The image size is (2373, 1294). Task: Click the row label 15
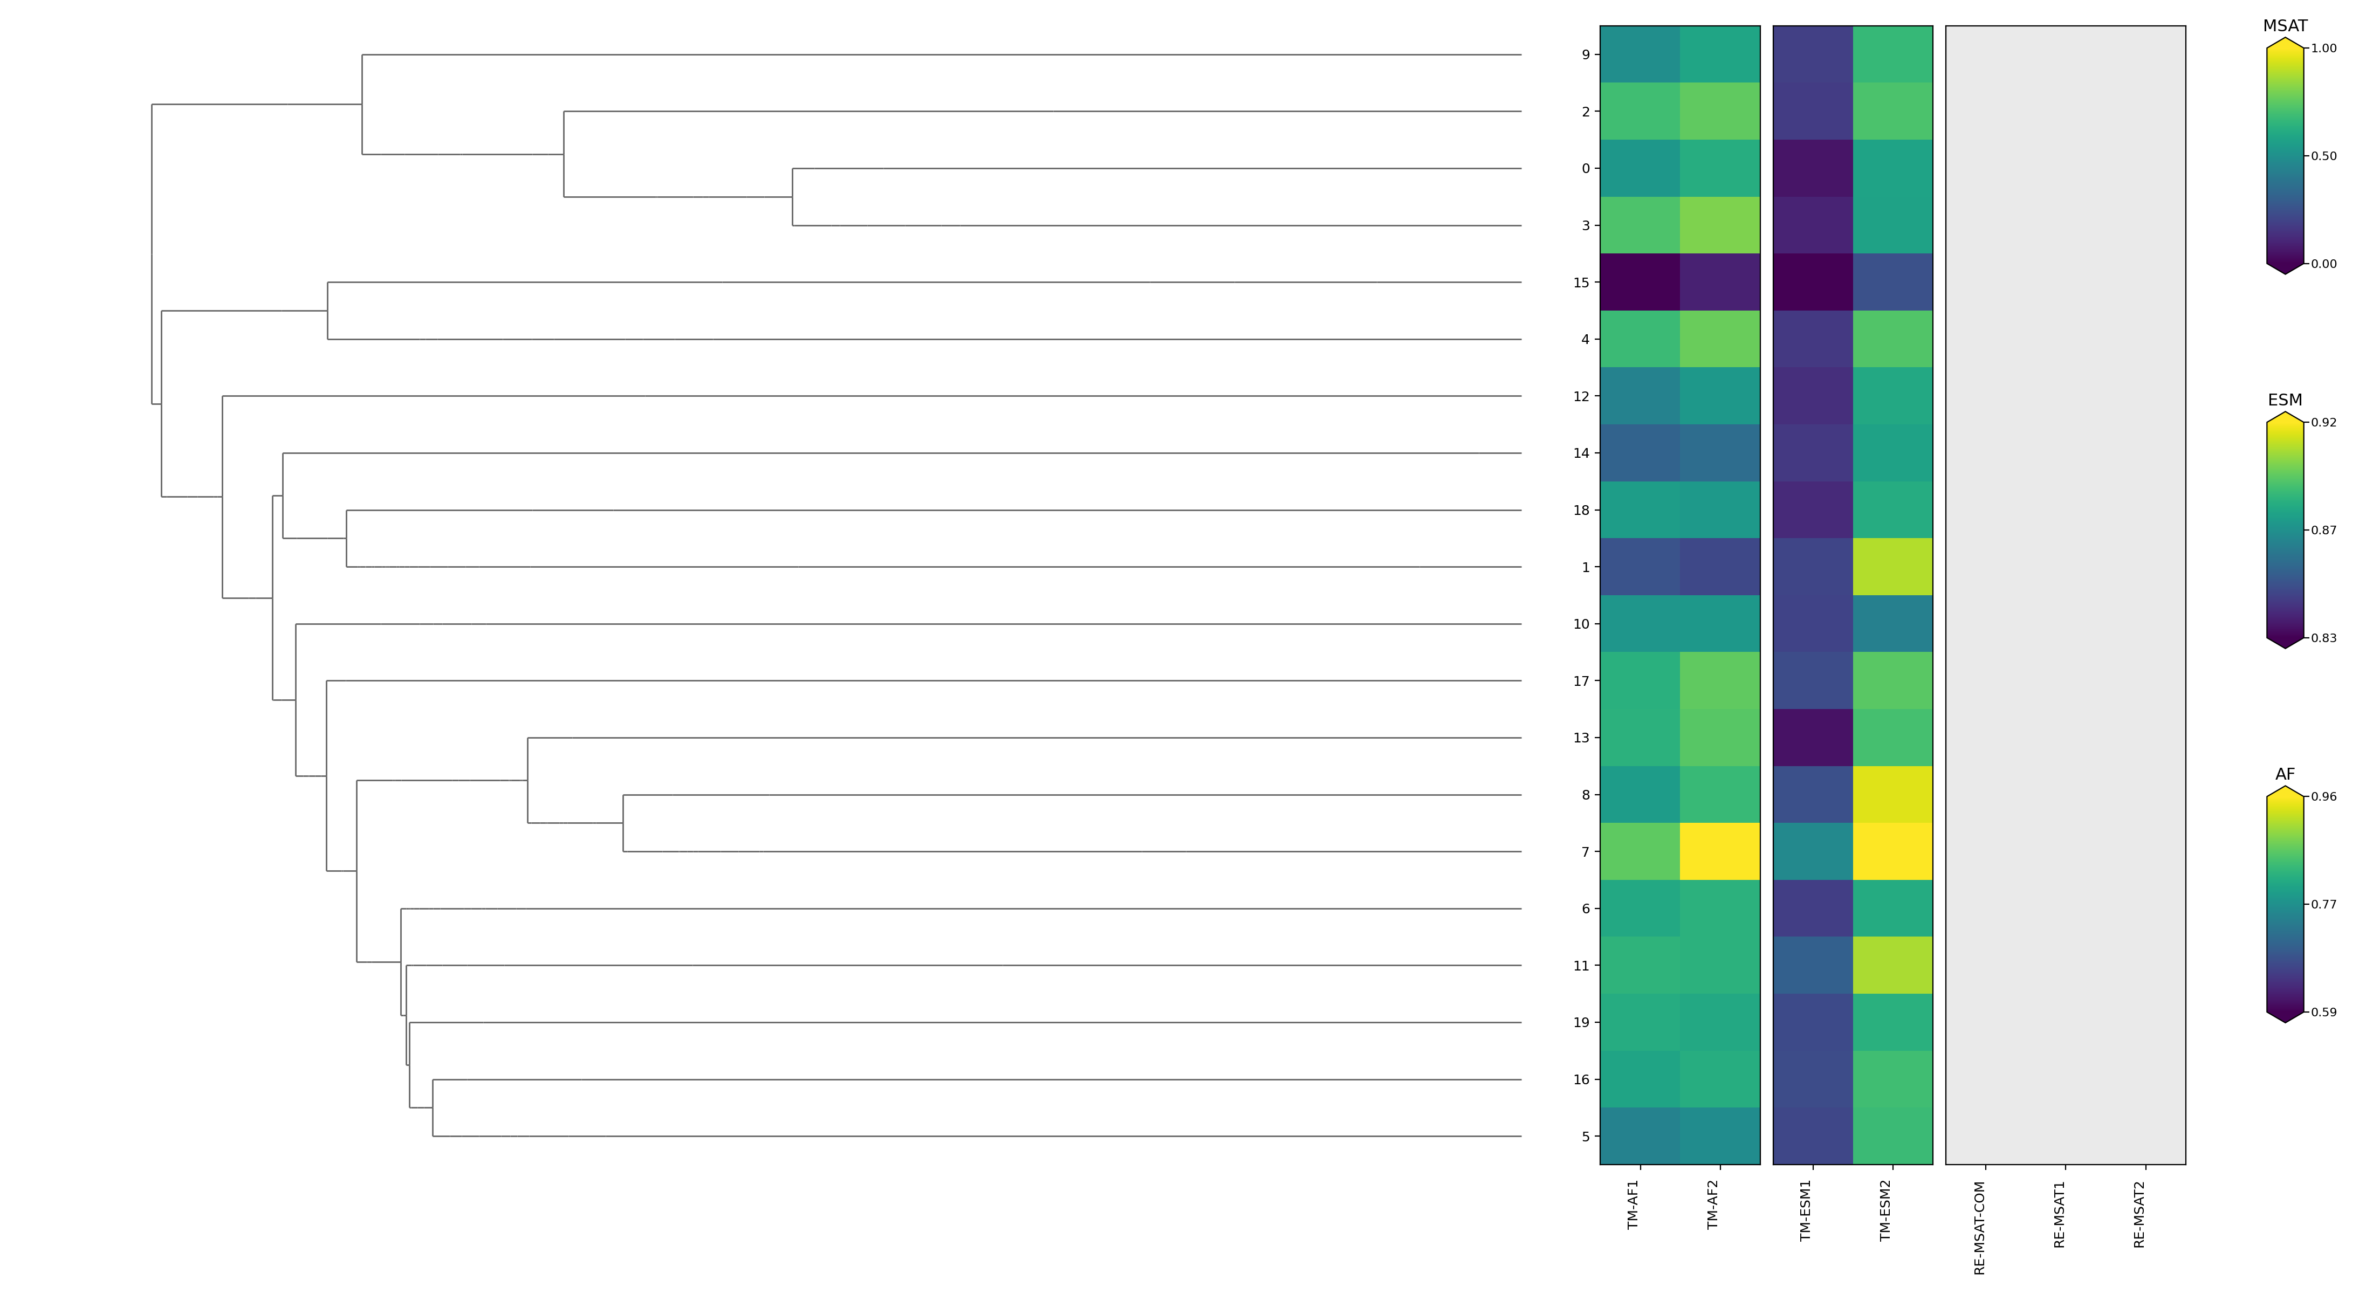point(1581,283)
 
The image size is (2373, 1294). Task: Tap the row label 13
point(1581,738)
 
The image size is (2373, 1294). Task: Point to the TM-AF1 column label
point(1633,1204)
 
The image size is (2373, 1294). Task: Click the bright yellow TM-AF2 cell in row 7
point(1720,852)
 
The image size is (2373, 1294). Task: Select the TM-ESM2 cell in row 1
point(1892,567)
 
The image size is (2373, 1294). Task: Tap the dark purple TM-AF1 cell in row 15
point(1640,283)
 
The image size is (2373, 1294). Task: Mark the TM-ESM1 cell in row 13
point(1813,738)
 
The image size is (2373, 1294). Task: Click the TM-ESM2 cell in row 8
point(1892,795)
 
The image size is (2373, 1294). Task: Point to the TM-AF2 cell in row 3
point(1720,226)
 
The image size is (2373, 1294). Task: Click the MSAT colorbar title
point(2285,26)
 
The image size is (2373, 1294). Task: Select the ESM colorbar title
point(2285,400)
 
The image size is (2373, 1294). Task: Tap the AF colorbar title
point(2285,775)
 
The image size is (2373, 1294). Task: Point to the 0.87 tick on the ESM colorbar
point(2323,531)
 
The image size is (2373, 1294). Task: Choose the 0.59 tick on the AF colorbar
point(2323,1012)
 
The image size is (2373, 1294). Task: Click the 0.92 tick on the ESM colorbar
point(2323,423)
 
